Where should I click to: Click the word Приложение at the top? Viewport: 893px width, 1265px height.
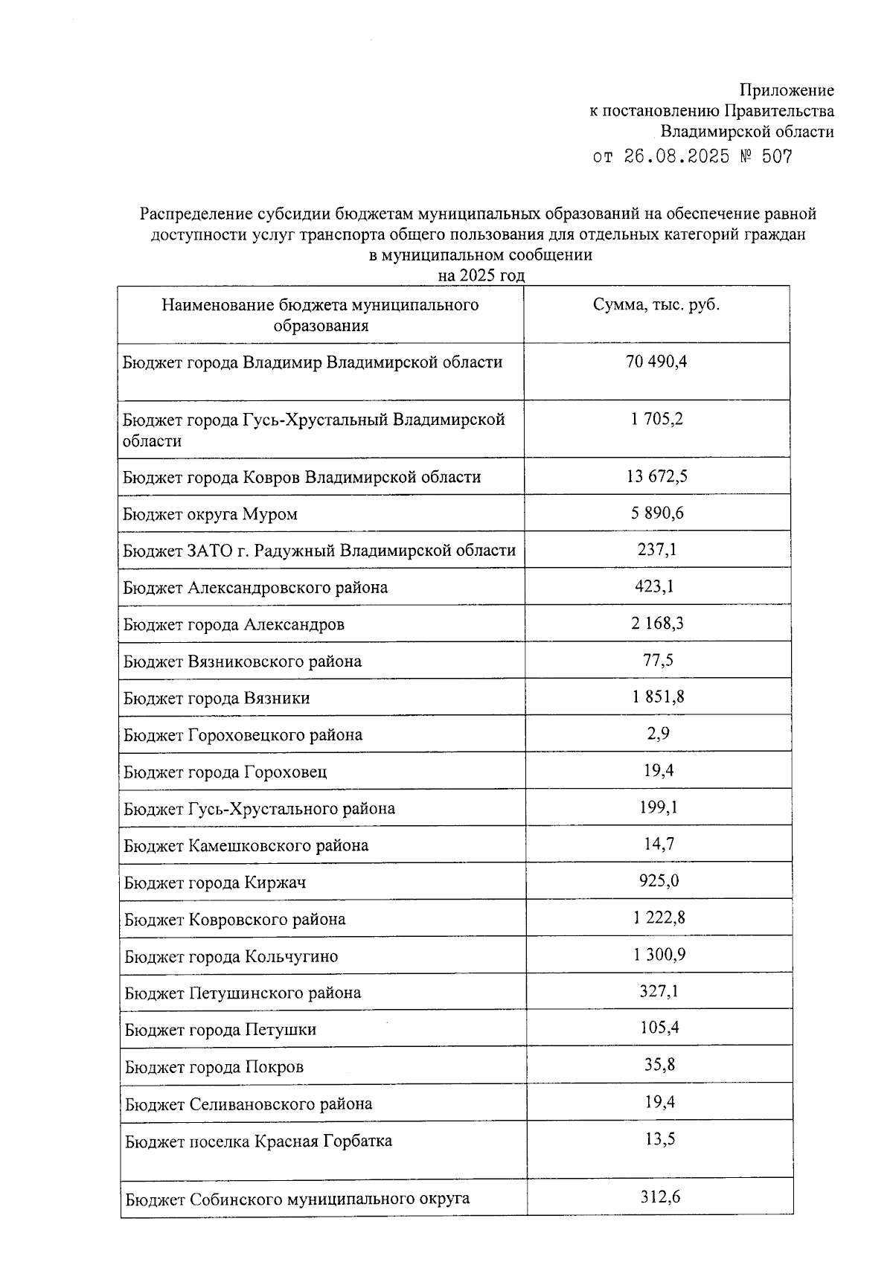[x=787, y=91]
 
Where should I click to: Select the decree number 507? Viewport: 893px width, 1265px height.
[x=777, y=157]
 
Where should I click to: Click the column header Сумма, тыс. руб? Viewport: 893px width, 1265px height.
[x=656, y=305]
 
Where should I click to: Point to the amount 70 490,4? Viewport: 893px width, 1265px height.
[x=656, y=362]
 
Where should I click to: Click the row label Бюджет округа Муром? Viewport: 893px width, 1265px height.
[x=211, y=514]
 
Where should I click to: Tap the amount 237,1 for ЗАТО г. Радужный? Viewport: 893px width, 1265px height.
[x=656, y=550]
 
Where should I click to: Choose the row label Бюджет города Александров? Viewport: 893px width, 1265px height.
[x=234, y=624]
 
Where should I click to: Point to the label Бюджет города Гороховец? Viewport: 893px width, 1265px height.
[x=225, y=772]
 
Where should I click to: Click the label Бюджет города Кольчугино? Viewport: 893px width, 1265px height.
[x=231, y=956]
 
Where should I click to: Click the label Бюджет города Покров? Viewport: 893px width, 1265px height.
[x=214, y=1067]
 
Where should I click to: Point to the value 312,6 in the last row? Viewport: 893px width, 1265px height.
[x=660, y=1197]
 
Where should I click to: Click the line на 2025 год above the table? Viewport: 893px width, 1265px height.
[x=481, y=276]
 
